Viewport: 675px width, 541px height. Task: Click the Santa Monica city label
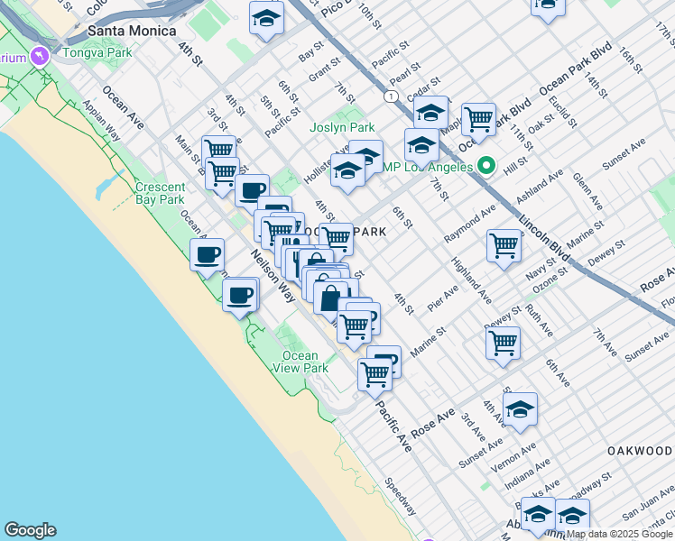click(132, 31)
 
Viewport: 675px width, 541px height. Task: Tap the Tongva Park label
click(97, 51)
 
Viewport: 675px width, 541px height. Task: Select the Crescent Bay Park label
click(160, 194)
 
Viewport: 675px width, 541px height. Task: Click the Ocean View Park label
click(301, 362)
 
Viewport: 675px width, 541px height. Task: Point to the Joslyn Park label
click(342, 128)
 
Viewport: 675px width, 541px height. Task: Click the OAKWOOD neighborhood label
click(640, 450)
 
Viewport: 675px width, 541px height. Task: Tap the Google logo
click(30, 530)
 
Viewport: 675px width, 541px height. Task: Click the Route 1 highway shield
click(390, 96)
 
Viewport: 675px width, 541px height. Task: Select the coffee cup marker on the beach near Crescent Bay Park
click(207, 254)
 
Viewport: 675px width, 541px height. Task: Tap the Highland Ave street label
click(472, 280)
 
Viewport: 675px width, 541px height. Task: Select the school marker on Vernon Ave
click(519, 409)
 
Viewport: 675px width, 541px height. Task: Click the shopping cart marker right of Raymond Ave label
click(504, 244)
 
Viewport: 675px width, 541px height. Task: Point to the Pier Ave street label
click(443, 299)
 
